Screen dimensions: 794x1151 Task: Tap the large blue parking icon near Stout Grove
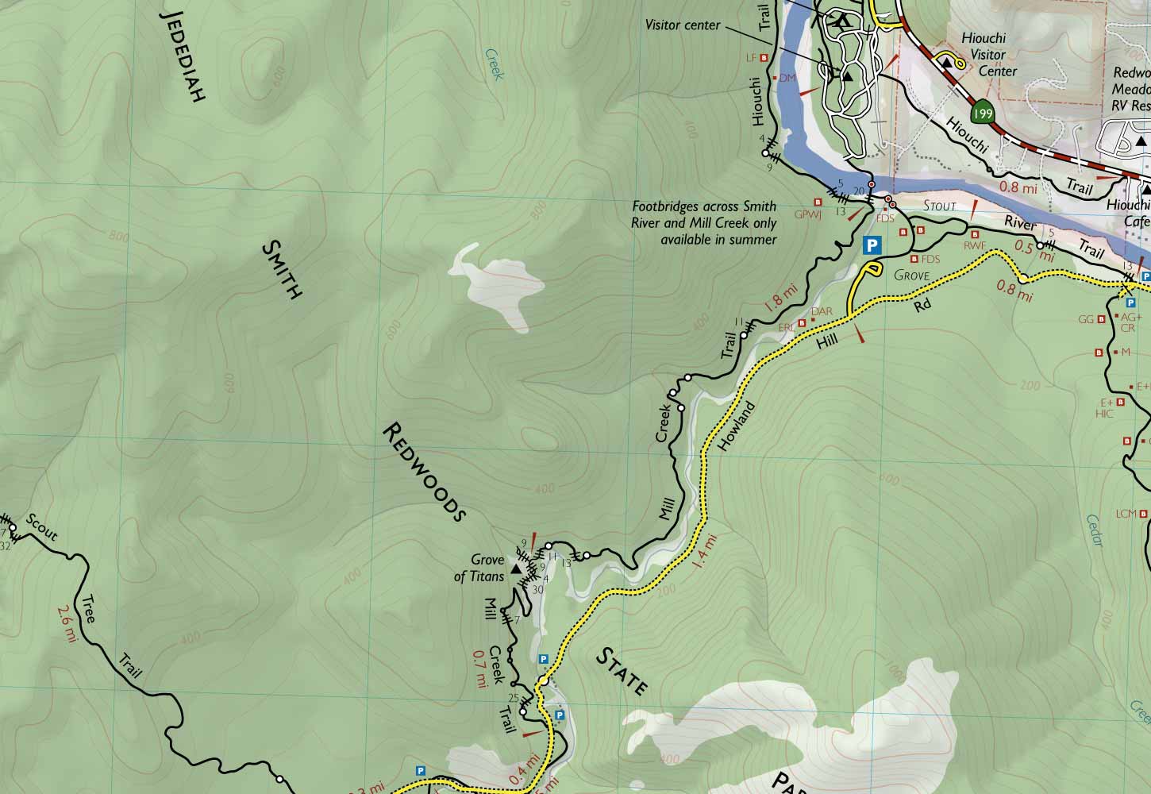tap(872, 245)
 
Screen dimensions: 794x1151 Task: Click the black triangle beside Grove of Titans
tap(516, 569)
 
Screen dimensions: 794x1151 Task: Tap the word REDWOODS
tap(422, 472)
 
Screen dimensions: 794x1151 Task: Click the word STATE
tap(622, 671)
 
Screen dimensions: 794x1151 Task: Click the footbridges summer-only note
tap(703, 223)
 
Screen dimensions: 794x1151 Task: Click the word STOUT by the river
tap(940, 206)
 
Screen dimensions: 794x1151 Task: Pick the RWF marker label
tap(974, 246)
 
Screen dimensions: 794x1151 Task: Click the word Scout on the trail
tap(41, 529)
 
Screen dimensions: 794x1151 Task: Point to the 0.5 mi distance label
tap(1035, 251)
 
